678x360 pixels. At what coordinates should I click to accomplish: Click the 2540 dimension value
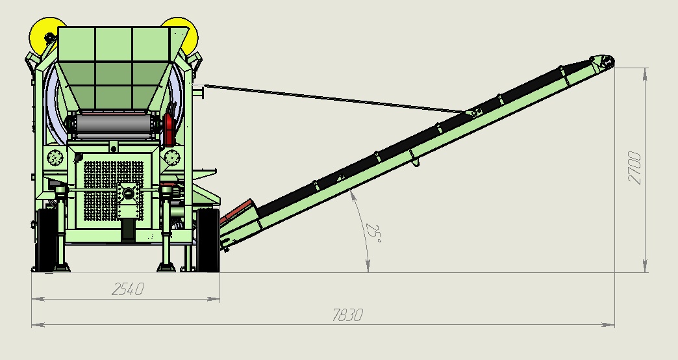[127, 289]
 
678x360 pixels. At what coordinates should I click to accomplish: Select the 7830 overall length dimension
[347, 315]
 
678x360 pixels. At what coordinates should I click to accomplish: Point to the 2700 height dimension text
[634, 168]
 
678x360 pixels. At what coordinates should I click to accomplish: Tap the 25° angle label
[373, 233]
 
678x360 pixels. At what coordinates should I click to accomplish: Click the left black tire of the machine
[46, 240]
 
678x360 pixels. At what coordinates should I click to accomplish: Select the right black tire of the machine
[208, 240]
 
